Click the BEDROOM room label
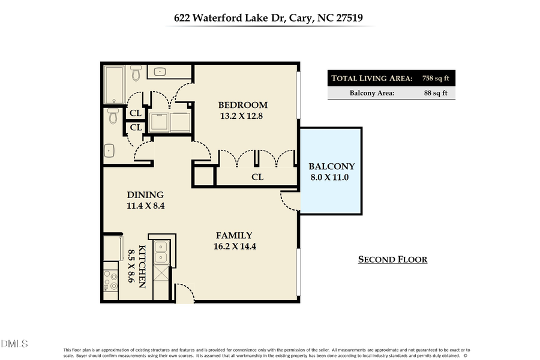click(x=242, y=106)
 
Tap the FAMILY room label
click(x=234, y=235)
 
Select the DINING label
click(x=145, y=195)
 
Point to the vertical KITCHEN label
click(x=142, y=266)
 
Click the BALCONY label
click(x=331, y=166)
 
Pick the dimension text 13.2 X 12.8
click(x=242, y=116)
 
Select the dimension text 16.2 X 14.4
click(x=235, y=246)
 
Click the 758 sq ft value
click(x=435, y=79)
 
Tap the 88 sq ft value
click(x=435, y=93)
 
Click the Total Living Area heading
click(x=372, y=79)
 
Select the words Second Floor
click(x=392, y=260)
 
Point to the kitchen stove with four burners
click(x=111, y=281)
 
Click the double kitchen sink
click(x=161, y=252)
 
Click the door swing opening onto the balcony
click(x=290, y=200)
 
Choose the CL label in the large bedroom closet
click(x=257, y=177)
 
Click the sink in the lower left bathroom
click(x=109, y=151)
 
